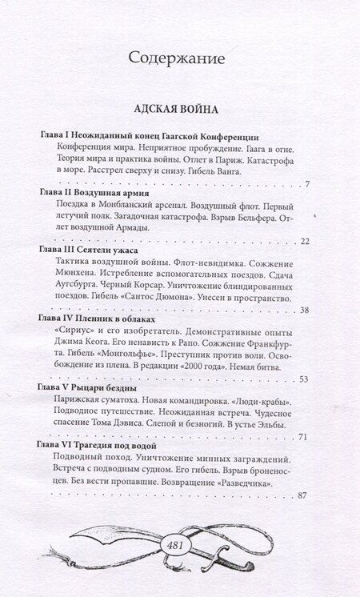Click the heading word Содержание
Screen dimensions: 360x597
pyautogui.click(x=179, y=58)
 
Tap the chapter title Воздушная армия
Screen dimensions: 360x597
pyautogui.click(x=111, y=194)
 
